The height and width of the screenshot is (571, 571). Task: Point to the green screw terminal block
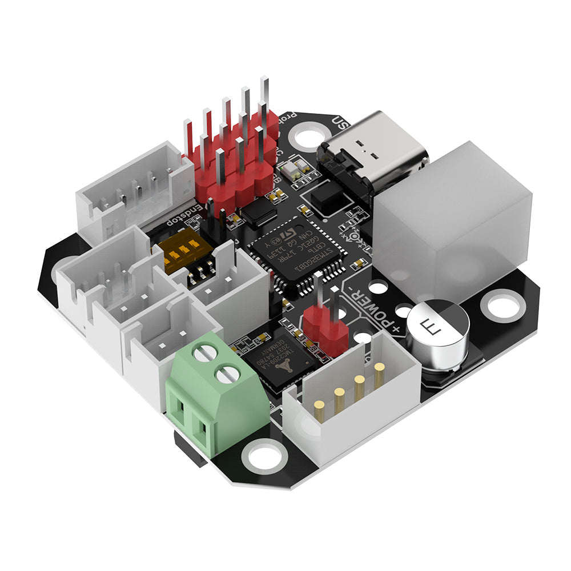(217, 394)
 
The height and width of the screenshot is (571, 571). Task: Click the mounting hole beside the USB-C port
(309, 137)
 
